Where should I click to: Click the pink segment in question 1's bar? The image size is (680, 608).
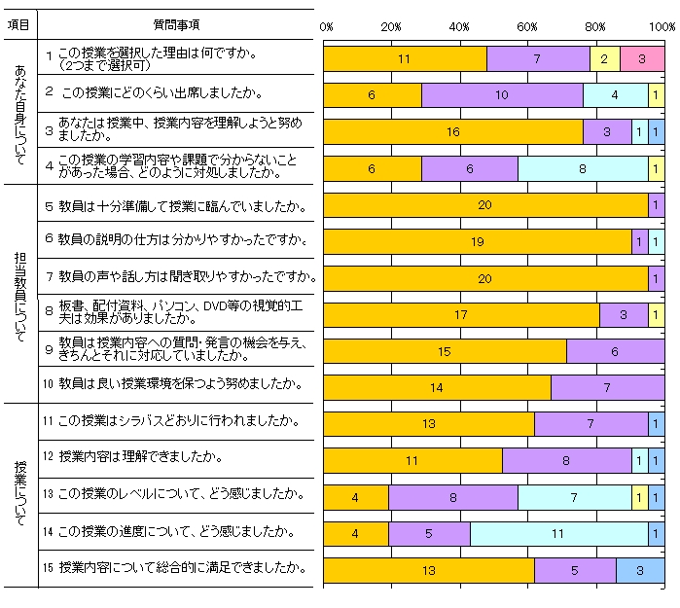coord(642,58)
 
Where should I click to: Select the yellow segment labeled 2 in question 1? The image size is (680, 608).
coord(604,58)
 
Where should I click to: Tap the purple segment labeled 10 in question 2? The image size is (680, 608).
coord(502,95)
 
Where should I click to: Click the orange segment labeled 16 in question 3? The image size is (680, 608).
coord(452,131)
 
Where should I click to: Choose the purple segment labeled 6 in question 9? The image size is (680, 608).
coord(615,351)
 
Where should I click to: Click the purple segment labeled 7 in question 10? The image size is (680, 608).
coord(607,387)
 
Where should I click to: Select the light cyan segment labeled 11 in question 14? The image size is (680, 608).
coord(558,533)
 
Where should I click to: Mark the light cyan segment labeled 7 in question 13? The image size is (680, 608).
coord(574,497)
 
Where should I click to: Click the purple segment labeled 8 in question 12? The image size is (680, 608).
coord(566,460)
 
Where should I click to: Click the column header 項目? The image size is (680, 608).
coord(18,21)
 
